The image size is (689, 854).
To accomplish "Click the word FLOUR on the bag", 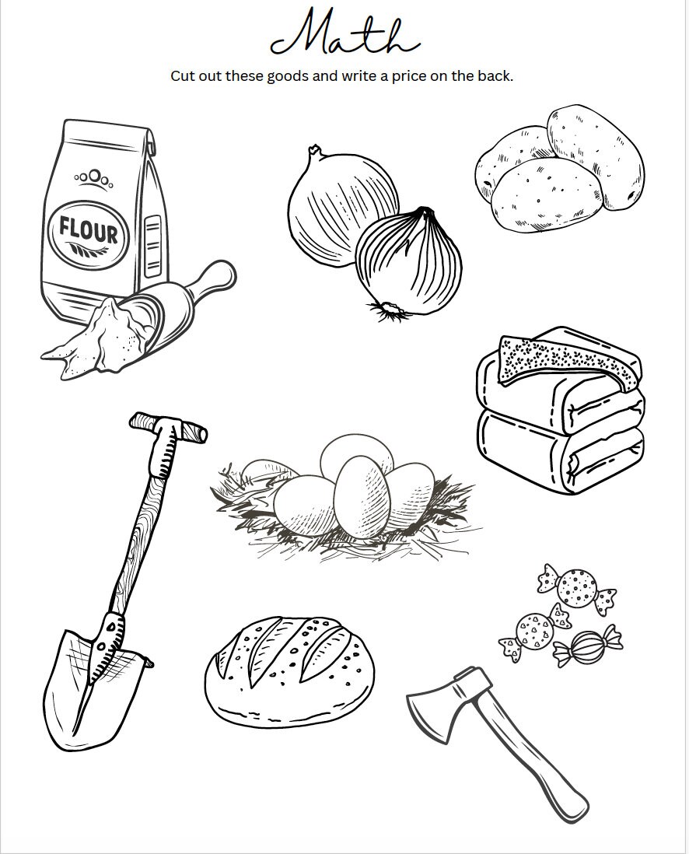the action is [x=88, y=231].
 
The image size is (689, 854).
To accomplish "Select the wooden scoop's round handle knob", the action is [x=222, y=275].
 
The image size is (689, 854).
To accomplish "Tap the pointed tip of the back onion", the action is [x=314, y=149].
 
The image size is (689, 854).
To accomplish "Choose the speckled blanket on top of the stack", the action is [x=566, y=359].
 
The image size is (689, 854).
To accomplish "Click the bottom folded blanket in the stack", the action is [x=561, y=452].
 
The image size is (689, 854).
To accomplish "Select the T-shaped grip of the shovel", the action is [x=168, y=427].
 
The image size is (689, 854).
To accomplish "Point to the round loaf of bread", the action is [x=290, y=672].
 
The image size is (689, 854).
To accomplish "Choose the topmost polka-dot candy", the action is [x=577, y=587].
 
